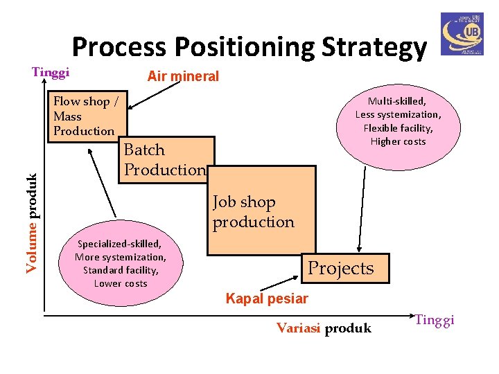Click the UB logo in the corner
462,33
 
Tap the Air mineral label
183,77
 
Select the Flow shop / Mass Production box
86,116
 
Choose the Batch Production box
165,159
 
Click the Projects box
340,268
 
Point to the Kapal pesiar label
267,299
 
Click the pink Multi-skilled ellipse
398,121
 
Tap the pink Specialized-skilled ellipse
121,263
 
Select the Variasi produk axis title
324,328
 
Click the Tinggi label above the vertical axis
51,72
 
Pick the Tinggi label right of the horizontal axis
435,319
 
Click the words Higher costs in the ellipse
398,141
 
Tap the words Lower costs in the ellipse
121,283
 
